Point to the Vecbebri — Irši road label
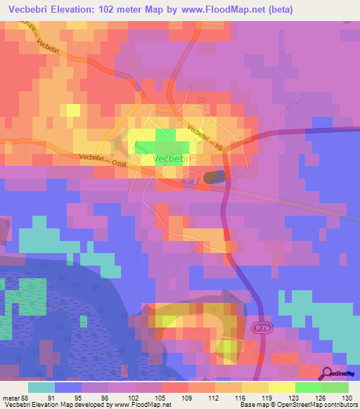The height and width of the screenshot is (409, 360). (208, 138)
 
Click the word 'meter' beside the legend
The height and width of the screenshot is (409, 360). (10, 398)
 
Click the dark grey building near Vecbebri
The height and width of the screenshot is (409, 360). (215, 178)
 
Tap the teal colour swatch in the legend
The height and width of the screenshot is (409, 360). (41, 387)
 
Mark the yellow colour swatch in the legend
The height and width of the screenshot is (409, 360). (281, 387)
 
